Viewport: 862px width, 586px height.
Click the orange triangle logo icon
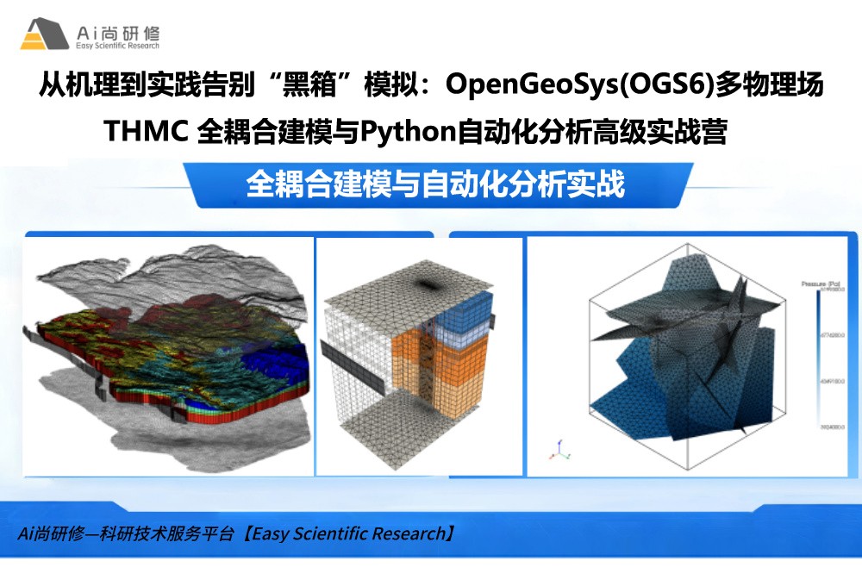(x=44, y=34)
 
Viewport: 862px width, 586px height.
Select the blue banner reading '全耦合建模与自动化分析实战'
(x=435, y=184)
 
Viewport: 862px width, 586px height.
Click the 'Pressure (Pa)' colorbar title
(x=818, y=283)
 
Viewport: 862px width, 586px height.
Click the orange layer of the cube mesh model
(x=414, y=353)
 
